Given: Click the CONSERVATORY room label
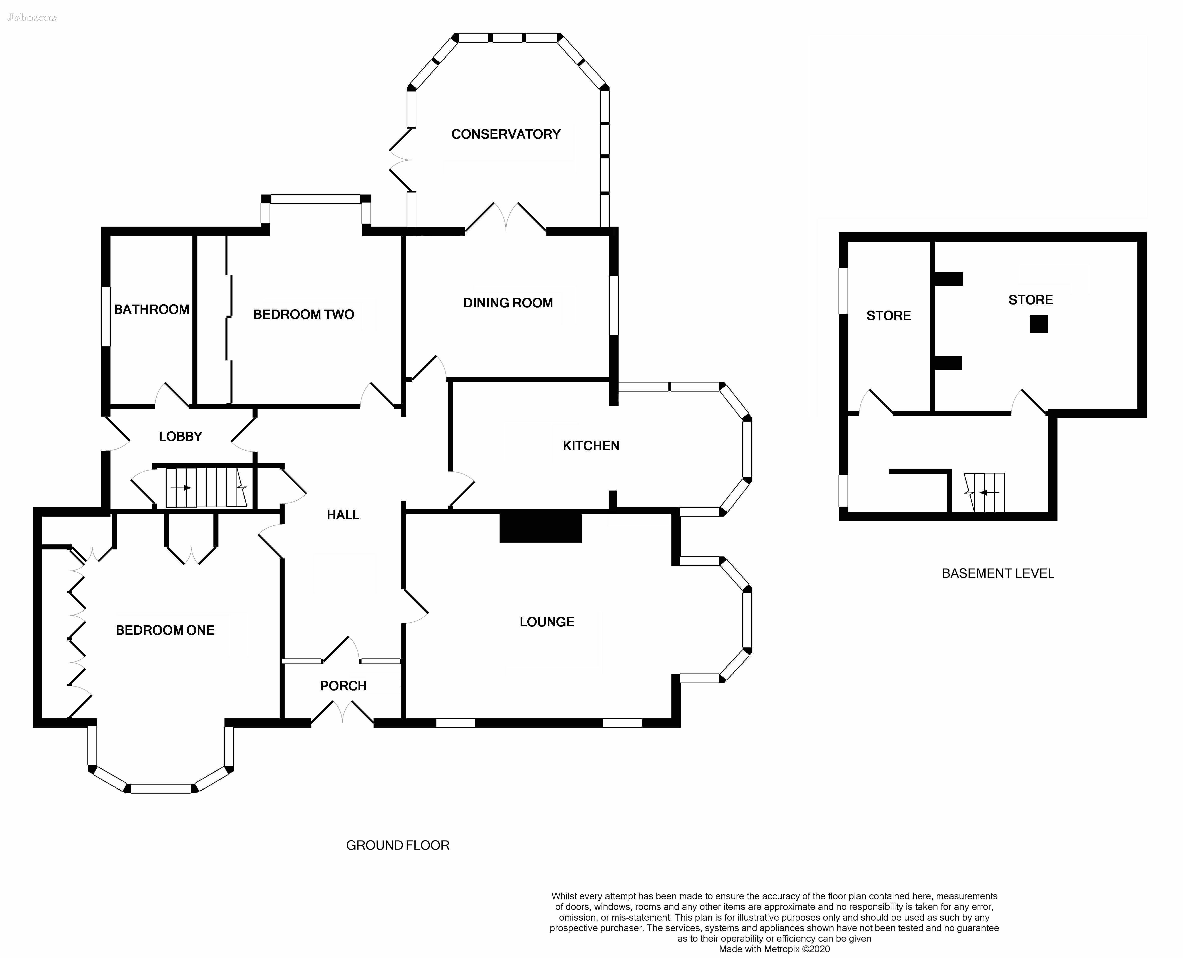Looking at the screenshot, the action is click(506, 134).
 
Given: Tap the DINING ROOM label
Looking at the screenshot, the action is click(508, 303).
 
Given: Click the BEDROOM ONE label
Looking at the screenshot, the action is click(165, 630).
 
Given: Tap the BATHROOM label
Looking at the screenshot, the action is click(152, 310).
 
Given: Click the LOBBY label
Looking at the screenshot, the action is click(180, 436).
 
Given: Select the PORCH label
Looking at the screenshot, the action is click(343, 686).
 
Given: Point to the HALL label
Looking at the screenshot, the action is click(343, 515).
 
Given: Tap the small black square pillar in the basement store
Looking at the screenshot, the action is click(1038, 324).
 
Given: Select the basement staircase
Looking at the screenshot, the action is click(984, 492).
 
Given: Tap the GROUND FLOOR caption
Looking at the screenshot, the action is click(398, 845).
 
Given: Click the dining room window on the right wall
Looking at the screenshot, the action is click(614, 305).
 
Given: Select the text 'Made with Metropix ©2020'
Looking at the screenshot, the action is click(774, 949).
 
